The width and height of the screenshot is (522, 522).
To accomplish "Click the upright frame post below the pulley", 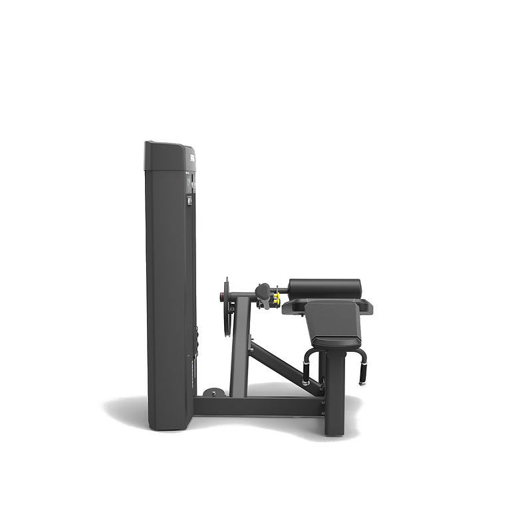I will tap(239, 352).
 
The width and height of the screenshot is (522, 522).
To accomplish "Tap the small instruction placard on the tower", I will tap(189, 199).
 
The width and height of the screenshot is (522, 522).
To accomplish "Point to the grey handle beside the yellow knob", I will tap(264, 291).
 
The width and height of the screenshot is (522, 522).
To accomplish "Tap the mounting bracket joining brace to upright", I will tap(251, 343).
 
